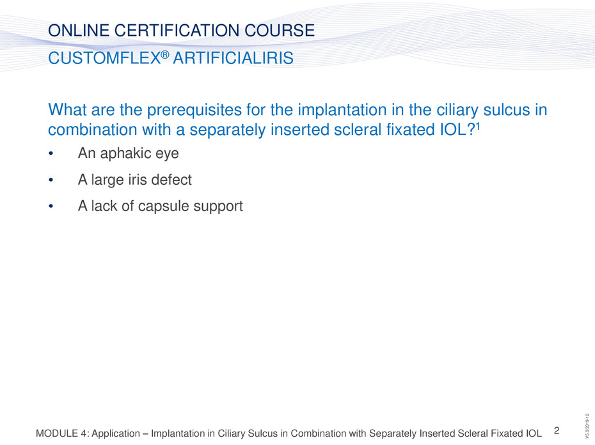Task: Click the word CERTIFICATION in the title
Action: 177,30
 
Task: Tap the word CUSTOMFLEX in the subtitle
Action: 104,58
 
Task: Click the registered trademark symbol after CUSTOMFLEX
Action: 164,54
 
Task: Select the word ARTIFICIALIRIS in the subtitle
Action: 233,58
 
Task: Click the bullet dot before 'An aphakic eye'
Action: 51,153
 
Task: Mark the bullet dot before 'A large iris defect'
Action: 51,180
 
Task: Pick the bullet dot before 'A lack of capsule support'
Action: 51,207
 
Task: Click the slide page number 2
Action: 557,430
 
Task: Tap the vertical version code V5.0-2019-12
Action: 587,426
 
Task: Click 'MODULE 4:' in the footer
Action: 62,433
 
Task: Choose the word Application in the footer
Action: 116,433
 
